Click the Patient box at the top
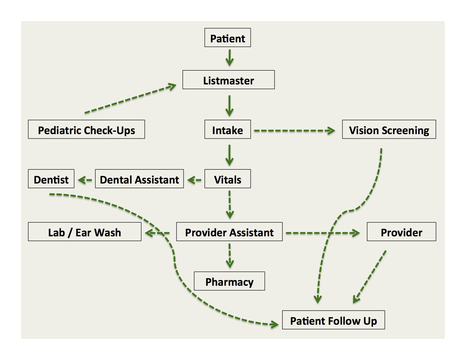(228, 38)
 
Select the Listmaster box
(228, 80)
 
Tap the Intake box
(228, 129)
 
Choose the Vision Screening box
(389, 129)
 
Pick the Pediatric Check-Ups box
(86, 129)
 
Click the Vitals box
(228, 179)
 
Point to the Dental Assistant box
(140, 179)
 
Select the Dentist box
(51, 179)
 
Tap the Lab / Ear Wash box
(85, 232)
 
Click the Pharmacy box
(229, 281)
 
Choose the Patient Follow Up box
(334, 320)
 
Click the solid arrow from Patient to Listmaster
(229, 58)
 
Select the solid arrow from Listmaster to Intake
(229, 106)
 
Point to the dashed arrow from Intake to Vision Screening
(295, 130)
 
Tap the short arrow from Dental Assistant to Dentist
(85, 180)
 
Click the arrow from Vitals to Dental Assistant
(194, 180)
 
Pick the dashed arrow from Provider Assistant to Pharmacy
(230, 256)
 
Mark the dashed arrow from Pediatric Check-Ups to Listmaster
(130, 99)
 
